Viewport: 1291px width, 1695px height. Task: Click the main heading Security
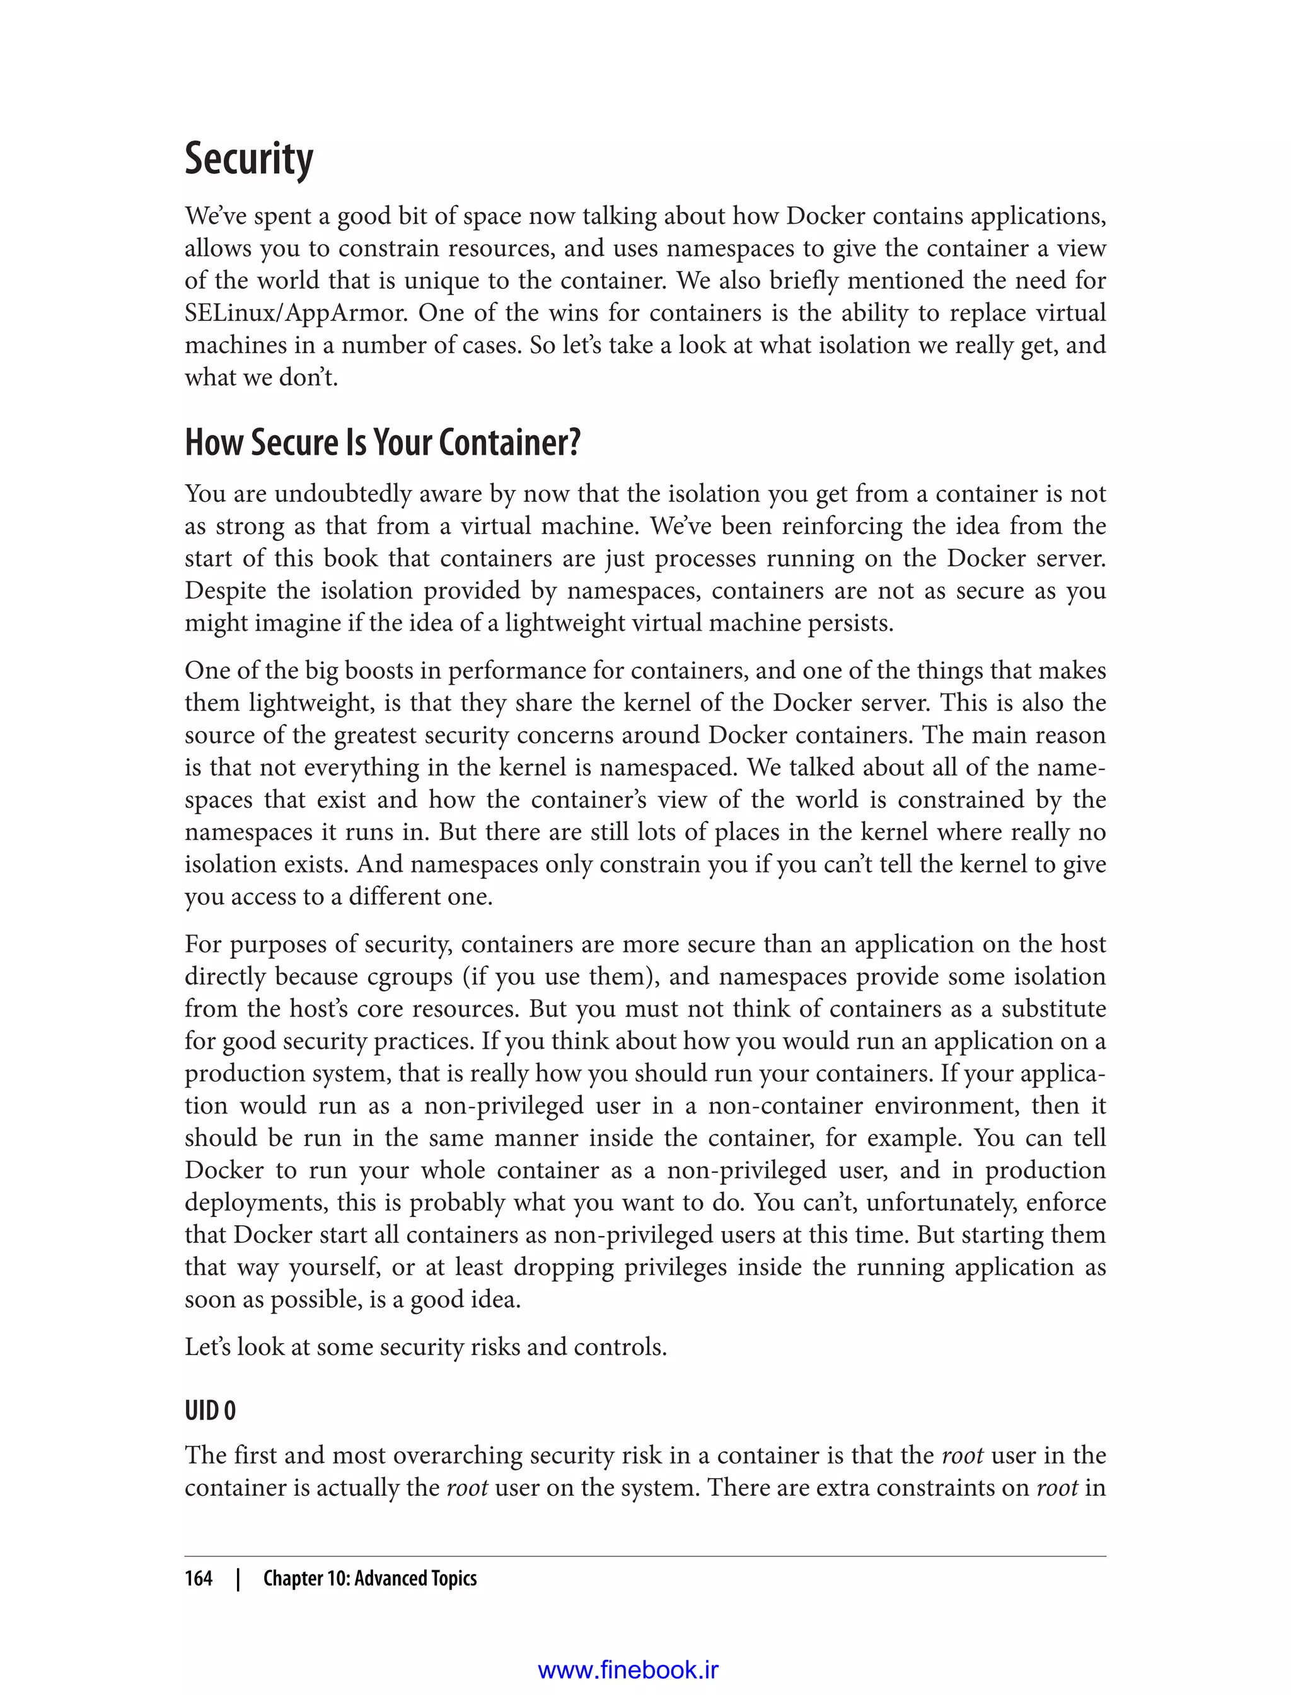click(x=248, y=159)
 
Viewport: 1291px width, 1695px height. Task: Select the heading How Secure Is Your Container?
click(x=382, y=443)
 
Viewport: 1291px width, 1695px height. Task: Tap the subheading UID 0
click(x=210, y=1411)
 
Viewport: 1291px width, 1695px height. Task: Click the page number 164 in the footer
click(x=199, y=1578)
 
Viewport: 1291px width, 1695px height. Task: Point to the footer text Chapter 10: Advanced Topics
click(x=369, y=1578)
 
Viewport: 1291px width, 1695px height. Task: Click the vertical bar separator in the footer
click(x=238, y=1578)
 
